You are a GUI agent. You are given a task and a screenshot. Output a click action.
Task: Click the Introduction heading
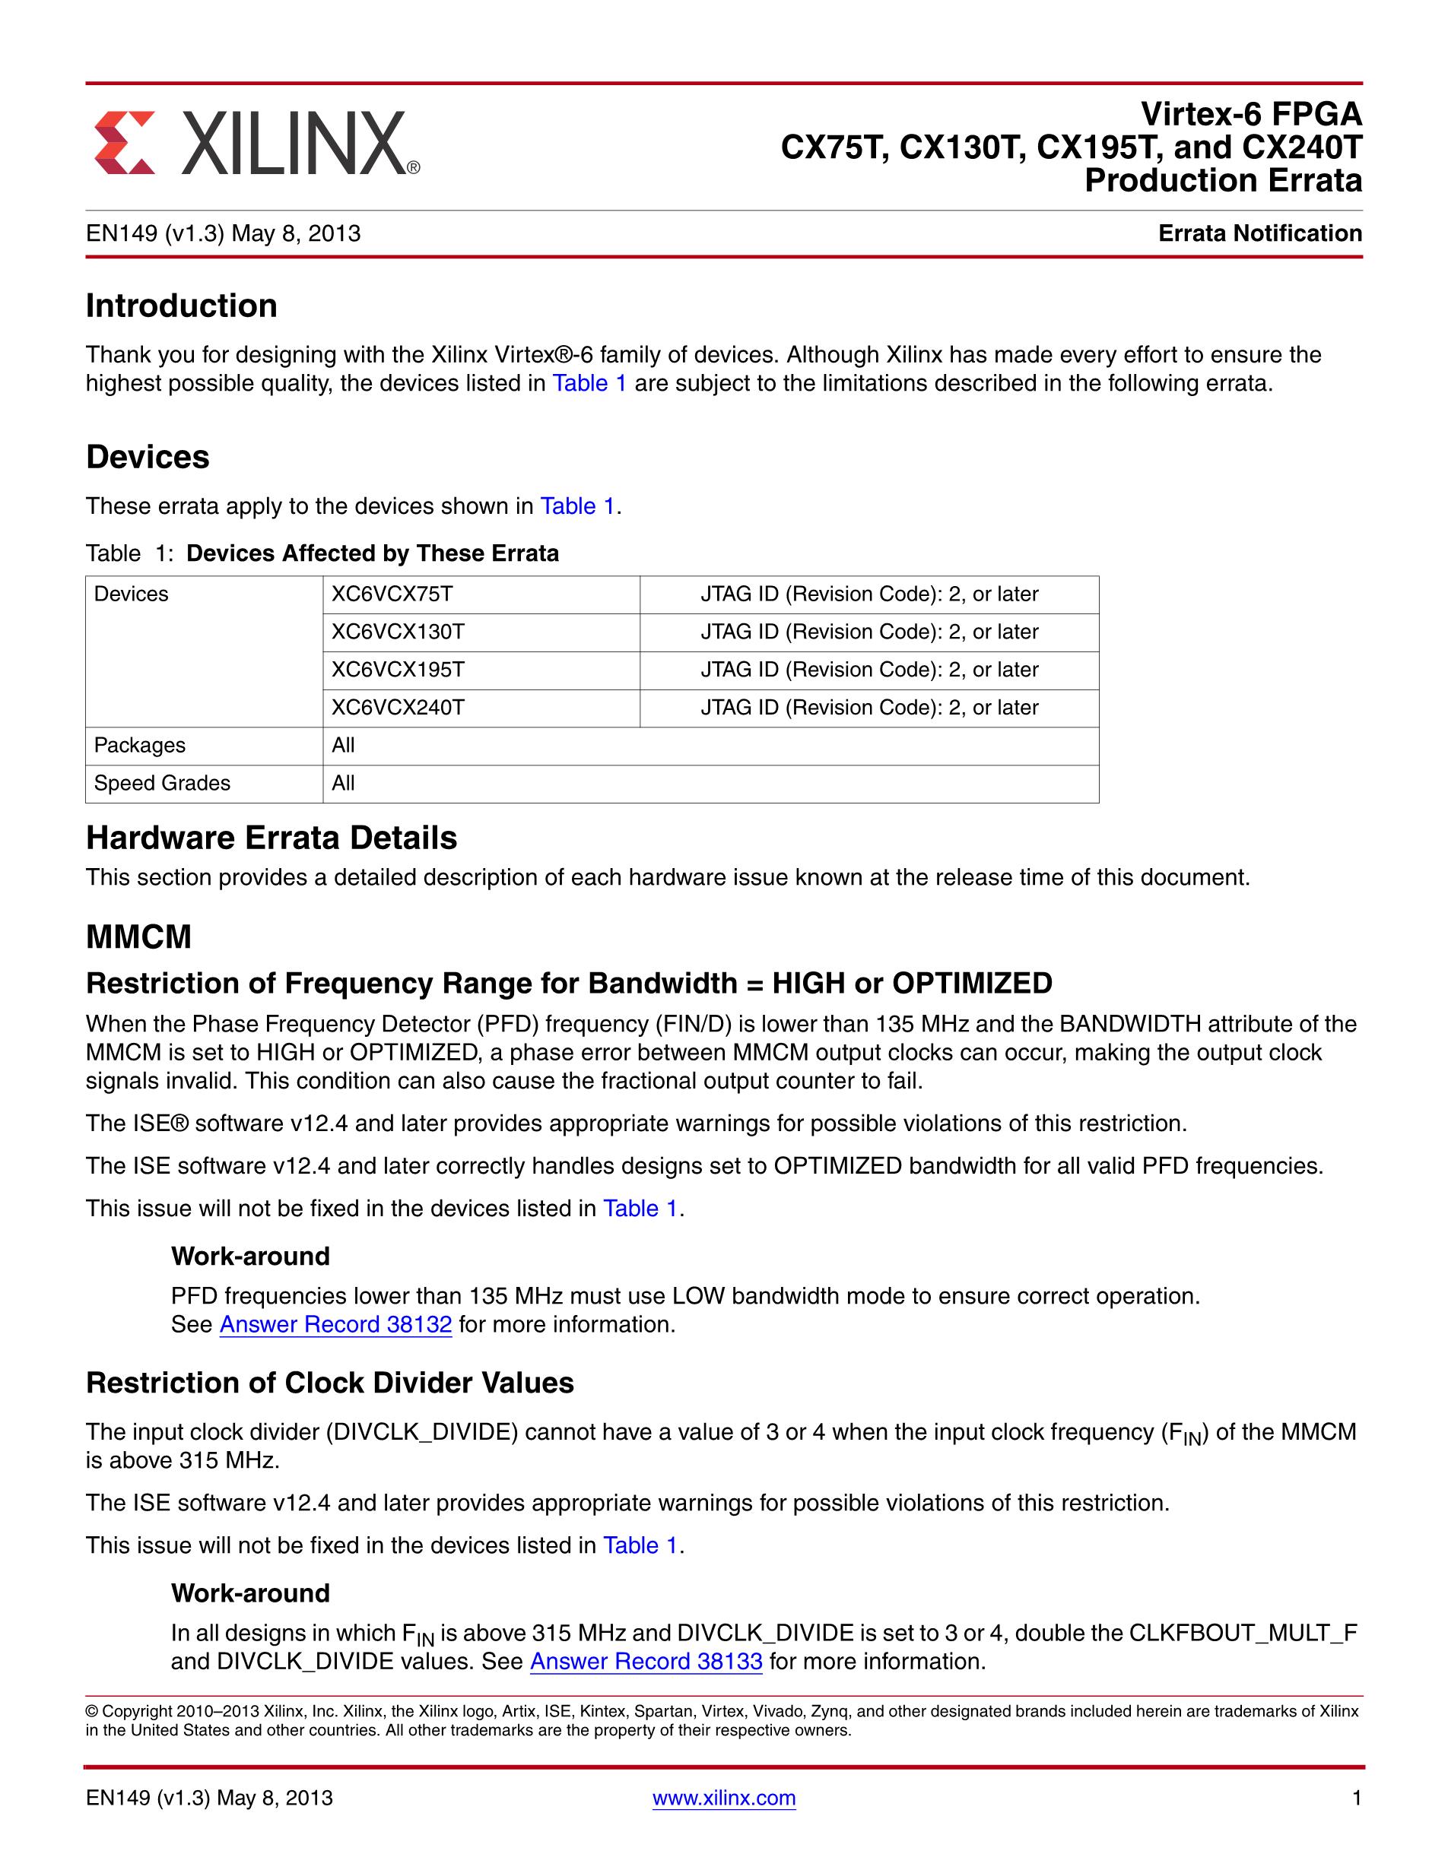click(181, 306)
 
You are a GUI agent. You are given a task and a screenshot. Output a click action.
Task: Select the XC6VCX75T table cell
click(391, 594)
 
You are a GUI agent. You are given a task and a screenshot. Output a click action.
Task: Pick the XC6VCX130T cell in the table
click(398, 632)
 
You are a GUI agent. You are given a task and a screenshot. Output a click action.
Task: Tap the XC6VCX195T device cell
click(398, 670)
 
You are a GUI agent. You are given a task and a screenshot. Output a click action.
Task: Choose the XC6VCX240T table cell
click(398, 708)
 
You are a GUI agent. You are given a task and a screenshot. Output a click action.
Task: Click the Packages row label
click(139, 745)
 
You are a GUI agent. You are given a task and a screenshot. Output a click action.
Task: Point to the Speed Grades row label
click(162, 783)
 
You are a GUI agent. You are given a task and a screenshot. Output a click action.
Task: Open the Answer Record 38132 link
click(335, 1324)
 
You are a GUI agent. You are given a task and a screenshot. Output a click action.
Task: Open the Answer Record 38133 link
click(646, 1661)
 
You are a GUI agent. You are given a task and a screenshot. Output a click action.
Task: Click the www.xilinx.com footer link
click(724, 1798)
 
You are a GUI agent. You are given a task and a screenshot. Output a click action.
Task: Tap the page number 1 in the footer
click(1356, 1798)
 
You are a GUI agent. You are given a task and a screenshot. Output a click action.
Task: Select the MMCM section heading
click(139, 937)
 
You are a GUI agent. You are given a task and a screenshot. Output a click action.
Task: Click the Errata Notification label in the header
click(1259, 233)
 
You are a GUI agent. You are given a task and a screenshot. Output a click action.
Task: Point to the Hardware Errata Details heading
click(271, 838)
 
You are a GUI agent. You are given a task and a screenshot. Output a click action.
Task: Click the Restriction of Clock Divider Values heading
click(329, 1383)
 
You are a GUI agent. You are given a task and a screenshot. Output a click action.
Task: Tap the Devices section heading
click(148, 457)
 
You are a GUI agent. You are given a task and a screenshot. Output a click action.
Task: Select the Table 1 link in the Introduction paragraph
click(589, 383)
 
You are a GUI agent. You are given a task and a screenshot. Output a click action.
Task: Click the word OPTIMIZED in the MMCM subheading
click(972, 983)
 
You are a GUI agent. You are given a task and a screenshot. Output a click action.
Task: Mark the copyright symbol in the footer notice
click(92, 1712)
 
